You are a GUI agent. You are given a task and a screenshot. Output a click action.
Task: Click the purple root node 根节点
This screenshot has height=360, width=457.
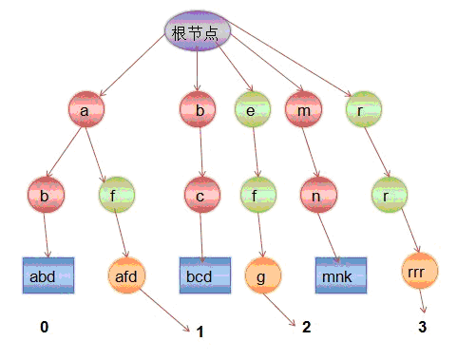197,31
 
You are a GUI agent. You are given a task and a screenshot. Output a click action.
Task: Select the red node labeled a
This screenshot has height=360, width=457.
86,110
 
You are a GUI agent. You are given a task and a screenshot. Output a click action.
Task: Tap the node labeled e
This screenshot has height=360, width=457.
251,110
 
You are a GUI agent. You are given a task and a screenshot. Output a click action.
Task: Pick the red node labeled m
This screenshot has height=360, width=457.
300,110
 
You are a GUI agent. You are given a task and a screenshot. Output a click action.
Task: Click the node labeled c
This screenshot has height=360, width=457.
201,197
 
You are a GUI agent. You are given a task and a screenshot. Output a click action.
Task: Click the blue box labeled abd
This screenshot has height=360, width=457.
48,275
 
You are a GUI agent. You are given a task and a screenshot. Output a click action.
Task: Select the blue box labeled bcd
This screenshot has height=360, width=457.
205,275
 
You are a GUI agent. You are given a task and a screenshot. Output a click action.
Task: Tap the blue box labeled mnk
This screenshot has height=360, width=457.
340,275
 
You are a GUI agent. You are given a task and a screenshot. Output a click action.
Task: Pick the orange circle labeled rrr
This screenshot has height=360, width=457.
420,271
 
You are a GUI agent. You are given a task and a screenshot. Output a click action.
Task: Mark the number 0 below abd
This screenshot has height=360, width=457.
44,327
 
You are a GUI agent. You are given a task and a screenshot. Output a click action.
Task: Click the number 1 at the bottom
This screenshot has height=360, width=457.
200,332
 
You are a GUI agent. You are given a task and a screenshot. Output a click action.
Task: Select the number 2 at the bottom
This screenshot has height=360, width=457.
306,327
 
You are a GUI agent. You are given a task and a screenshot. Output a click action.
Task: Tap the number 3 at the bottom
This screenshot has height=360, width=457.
422,327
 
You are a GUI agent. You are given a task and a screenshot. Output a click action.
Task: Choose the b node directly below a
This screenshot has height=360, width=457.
46,197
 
